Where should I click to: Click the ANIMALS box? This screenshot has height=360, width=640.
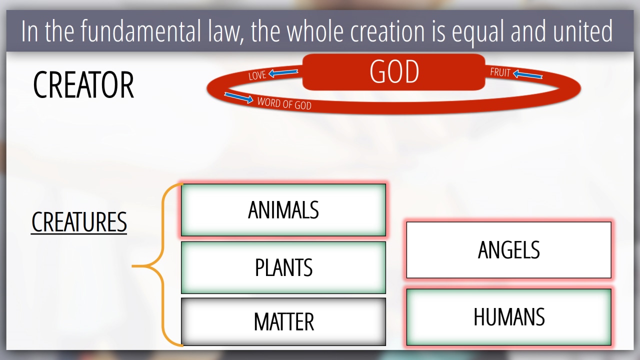283,210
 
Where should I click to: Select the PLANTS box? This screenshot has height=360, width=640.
283,267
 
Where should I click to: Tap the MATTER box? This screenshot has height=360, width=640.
283,321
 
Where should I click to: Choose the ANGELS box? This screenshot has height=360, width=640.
509,249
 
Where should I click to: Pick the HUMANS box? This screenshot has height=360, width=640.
509,317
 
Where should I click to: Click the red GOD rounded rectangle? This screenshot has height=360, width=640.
393,72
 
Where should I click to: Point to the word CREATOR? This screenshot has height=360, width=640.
83,85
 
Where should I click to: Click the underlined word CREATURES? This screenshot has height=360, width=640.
79,222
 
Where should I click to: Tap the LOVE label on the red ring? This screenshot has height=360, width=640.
257,75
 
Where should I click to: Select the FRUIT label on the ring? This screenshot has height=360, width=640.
500,72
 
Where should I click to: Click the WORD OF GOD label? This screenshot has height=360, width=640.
284,103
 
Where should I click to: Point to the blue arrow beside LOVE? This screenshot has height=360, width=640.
283,72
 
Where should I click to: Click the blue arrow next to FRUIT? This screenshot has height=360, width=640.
527,74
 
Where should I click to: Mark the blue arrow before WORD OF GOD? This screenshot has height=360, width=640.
239,97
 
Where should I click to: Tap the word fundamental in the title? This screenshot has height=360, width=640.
140,31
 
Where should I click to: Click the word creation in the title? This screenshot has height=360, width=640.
387,31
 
